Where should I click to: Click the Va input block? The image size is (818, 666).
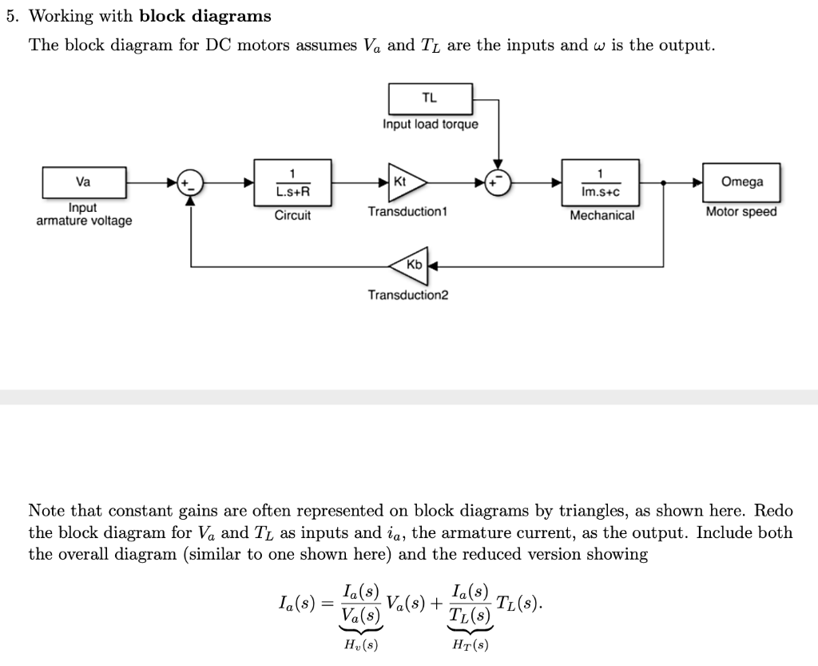pos(83,181)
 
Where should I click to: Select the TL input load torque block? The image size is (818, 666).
pos(430,98)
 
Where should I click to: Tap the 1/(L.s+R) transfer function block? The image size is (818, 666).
pos(292,182)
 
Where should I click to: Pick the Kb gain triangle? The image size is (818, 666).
pos(411,265)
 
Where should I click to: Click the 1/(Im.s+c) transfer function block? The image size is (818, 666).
pos(601,182)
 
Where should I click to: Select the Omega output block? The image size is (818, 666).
pos(741,181)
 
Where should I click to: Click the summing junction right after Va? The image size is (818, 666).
pos(190,182)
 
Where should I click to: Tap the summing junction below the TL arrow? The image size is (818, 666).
pos(498,182)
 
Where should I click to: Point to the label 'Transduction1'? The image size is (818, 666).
pos(408,212)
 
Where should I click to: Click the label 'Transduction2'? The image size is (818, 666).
pos(408,295)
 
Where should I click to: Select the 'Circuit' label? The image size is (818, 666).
pos(292,215)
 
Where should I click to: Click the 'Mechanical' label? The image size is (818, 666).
pos(602,215)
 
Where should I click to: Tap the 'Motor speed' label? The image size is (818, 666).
pos(741,212)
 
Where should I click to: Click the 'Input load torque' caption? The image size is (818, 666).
pos(430,124)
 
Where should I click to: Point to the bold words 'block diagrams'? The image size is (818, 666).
pos(205,16)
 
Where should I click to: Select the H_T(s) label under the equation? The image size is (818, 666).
pos(470,644)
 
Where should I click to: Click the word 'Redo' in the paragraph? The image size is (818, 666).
pos(773,510)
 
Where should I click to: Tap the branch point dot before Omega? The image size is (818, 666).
pos(665,182)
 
